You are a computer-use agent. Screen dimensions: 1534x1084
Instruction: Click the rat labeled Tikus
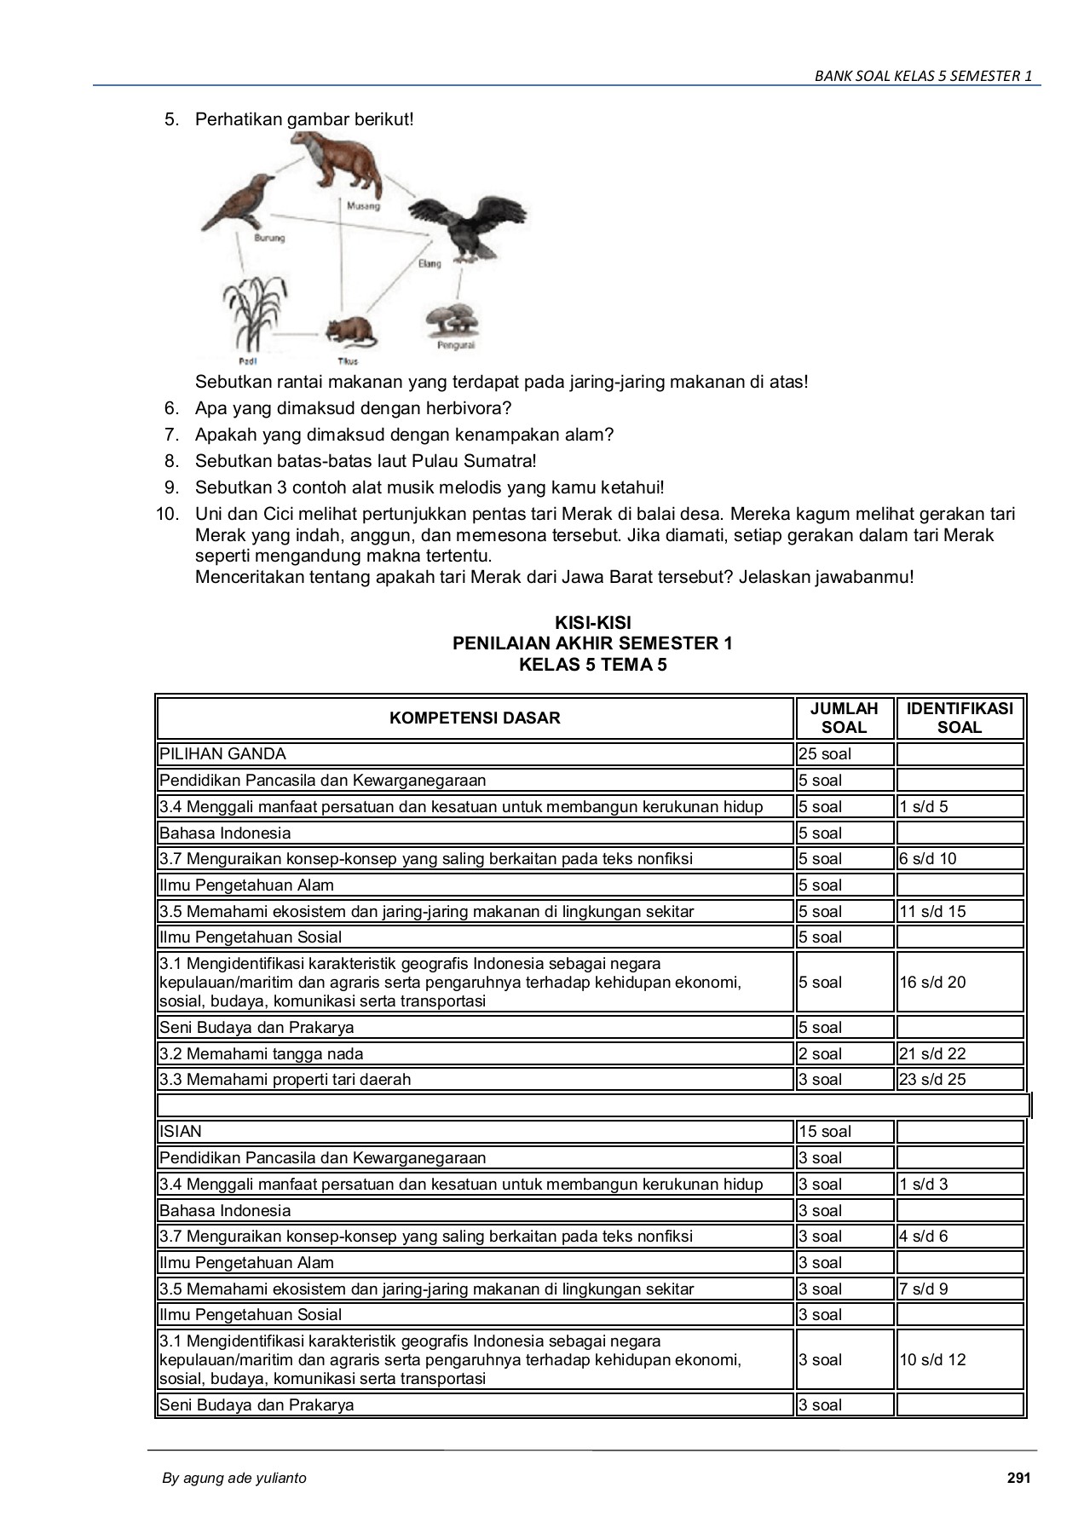[350, 332]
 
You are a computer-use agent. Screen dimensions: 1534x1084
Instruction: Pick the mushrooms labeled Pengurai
[453, 320]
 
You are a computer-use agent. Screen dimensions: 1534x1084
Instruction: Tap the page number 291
[1018, 1478]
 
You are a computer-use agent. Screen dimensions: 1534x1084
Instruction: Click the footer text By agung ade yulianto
[234, 1478]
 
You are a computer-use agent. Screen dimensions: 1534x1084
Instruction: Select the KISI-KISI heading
[592, 623]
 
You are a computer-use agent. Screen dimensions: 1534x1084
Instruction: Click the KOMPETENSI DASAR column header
[475, 718]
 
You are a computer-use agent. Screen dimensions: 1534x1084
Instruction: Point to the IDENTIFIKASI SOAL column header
[960, 718]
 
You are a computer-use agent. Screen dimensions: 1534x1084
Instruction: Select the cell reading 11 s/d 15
[932, 911]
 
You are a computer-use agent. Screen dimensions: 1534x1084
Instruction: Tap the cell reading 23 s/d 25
[932, 1079]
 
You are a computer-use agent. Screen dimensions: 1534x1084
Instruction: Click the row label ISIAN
[181, 1131]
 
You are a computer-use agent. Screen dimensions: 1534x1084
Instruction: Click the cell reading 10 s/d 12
[932, 1359]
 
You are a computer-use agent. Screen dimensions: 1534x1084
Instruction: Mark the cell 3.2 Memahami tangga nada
[261, 1053]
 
